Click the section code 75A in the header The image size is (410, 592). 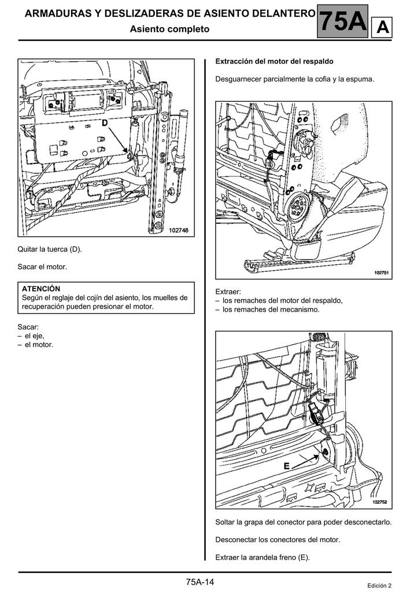click(x=343, y=22)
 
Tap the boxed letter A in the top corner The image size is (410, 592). click(x=383, y=27)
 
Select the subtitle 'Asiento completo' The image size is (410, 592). click(x=169, y=28)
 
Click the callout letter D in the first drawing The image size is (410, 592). click(x=105, y=123)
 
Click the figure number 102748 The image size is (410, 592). click(x=179, y=230)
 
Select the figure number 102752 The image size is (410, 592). click(x=380, y=502)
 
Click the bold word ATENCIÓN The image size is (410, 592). click(x=41, y=288)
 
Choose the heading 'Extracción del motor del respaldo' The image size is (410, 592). click(x=274, y=61)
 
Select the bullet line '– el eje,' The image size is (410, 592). click(x=31, y=335)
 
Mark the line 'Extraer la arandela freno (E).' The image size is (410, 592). click(x=263, y=557)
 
